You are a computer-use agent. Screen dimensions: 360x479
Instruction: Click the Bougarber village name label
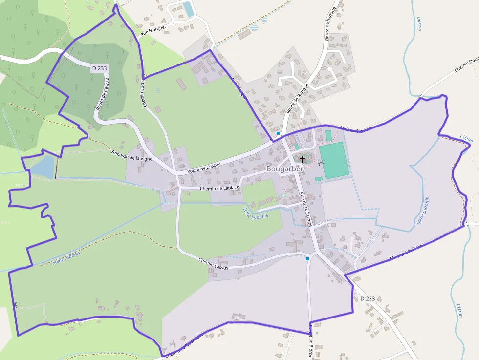[x=285, y=169]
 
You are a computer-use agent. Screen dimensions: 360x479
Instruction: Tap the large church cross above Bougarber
[x=303, y=159]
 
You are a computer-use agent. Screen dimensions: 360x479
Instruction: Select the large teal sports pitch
[x=334, y=160]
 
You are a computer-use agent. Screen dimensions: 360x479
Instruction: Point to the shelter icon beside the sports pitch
[x=321, y=164]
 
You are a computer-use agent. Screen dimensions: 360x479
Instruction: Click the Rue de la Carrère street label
[x=305, y=209]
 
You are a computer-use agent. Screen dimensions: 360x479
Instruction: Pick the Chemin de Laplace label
[x=219, y=188]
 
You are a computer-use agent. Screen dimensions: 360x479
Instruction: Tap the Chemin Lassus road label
[x=214, y=262]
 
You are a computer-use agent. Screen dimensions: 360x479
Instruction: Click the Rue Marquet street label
[x=153, y=30]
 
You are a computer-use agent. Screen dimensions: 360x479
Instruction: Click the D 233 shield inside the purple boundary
[x=99, y=69]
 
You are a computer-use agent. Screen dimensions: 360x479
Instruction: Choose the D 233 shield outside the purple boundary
[x=368, y=298]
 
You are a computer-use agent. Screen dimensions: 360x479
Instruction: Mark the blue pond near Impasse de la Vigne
[x=43, y=167]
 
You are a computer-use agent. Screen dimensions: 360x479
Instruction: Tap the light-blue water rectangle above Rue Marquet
[x=188, y=9]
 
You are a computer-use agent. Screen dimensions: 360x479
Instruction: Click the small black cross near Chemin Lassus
[x=318, y=254]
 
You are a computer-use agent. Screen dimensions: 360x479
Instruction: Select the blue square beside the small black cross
[x=307, y=259]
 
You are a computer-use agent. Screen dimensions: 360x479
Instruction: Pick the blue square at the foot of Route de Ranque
[x=278, y=133]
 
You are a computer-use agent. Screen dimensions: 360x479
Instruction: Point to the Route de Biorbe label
[x=310, y=341]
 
